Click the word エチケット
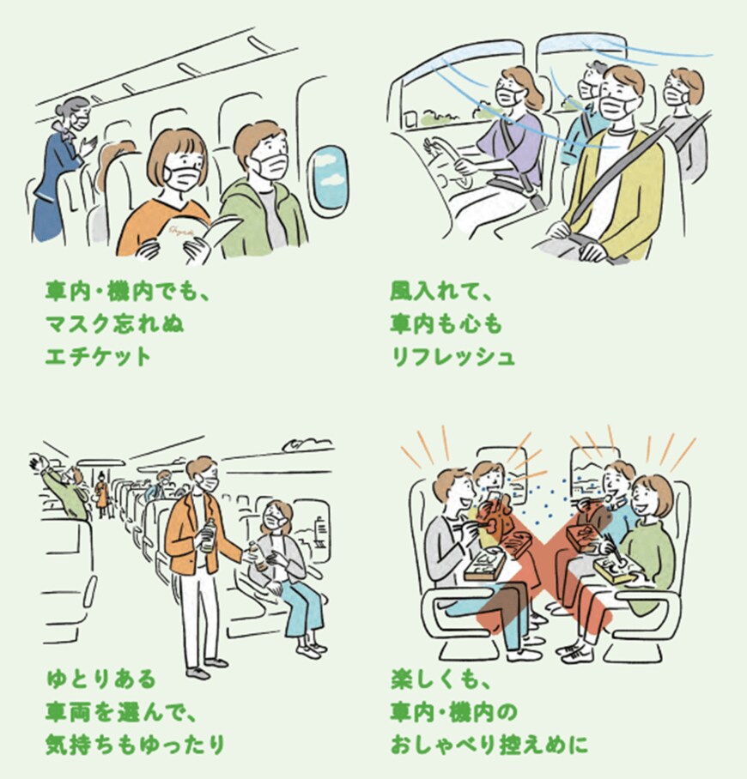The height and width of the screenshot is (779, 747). tap(97, 356)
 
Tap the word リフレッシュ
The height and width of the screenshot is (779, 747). tap(452, 356)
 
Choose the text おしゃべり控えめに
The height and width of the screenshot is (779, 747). tap(489, 742)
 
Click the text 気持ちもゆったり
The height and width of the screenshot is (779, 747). tap(134, 742)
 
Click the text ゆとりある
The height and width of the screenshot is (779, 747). tap(100, 680)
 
